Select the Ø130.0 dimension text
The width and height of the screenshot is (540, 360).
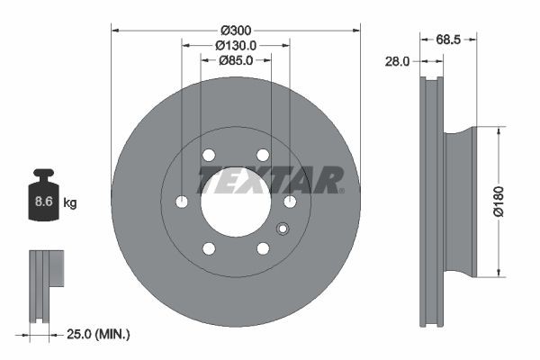[x=236, y=45]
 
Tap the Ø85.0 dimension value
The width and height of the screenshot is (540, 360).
[x=236, y=61]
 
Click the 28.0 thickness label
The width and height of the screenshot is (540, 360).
[x=397, y=62]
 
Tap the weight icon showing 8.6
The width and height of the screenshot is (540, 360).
[x=43, y=193]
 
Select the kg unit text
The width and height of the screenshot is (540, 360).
[x=70, y=202]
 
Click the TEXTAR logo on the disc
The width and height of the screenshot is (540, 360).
[x=271, y=178]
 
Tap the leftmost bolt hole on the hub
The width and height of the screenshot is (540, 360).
[x=182, y=202]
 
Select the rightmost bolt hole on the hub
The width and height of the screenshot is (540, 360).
[x=290, y=202]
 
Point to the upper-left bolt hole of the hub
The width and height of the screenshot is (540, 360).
[x=209, y=155]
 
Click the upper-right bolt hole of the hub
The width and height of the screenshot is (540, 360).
[x=263, y=155]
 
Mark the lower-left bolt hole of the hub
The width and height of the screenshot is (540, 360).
[x=209, y=248]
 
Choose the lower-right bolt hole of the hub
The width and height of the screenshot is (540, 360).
[x=263, y=248]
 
